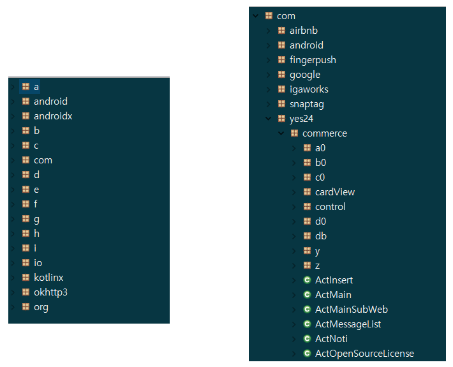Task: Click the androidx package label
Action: coord(53,116)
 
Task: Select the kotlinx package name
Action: coord(48,278)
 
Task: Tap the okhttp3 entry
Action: coord(50,292)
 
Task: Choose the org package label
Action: coord(41,307)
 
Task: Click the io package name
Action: coord(38,263)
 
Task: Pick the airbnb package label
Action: coord(304,31)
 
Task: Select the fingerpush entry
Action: coord(313,60)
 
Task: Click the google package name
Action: coord(305,75)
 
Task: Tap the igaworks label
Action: coord(309,89)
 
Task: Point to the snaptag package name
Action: coord(306,104)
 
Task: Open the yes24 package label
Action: coord(301,119)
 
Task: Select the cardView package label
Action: coord(335,192)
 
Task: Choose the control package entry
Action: coord(330,207)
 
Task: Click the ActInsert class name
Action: coord(334,280)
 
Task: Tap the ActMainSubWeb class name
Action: coord(352,310)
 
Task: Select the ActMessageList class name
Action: coord(348,324)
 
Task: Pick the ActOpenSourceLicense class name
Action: coord(364,354)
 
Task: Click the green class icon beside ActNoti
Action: coord(307,339)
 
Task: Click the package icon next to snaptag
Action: coord(282,104)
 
